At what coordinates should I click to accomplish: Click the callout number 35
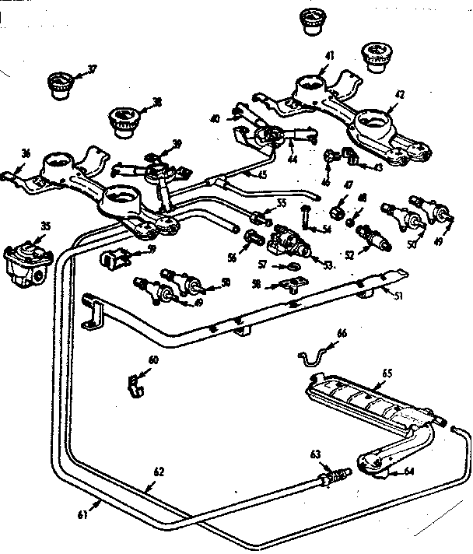[45, 226]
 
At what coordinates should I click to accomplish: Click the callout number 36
[26, 154]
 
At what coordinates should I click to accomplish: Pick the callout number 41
[330, 56]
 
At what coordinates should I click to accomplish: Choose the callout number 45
[262, 175]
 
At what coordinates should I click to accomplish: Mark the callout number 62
[159, 472]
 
